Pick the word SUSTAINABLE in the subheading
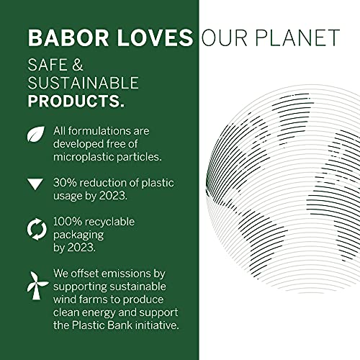pos(83,83)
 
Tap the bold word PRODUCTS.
pos(76,101)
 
